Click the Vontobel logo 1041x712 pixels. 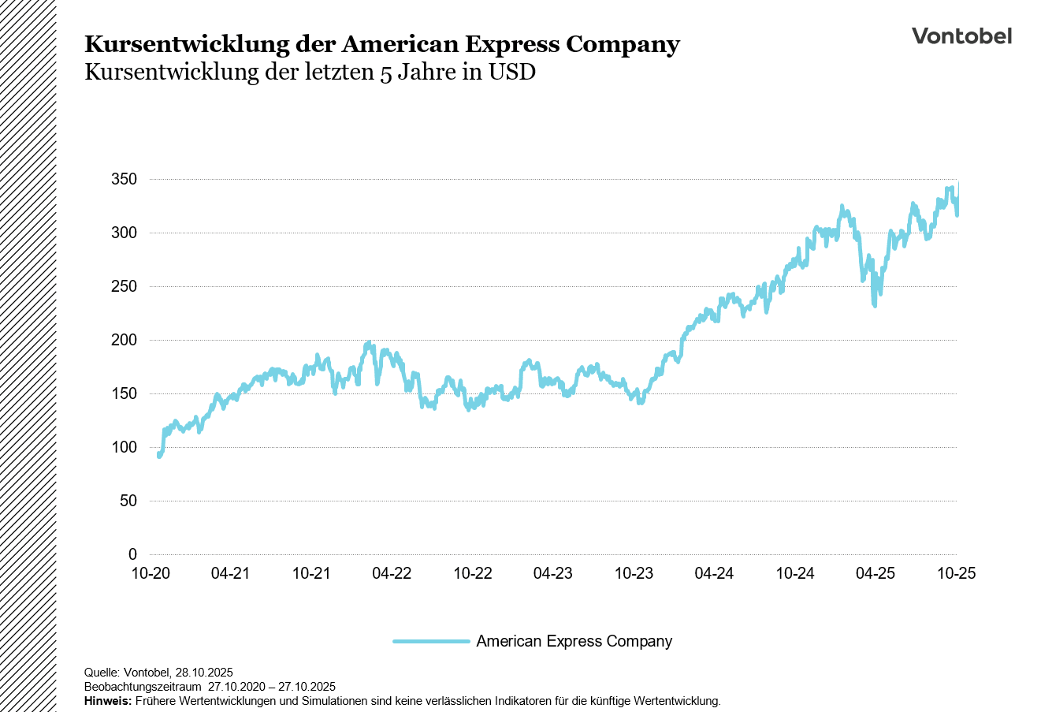coord(961,36)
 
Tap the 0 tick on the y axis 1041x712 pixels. coord(132,554)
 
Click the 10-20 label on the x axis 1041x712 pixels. coord(150,573)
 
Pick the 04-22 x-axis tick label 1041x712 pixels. coord(392,573)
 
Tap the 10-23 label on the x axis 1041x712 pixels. coord(634,573)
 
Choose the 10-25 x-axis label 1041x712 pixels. coord(956,573)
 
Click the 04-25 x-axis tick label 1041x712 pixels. coord(876,573)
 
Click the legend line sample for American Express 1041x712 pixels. coord(431,642)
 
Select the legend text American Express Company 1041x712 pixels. coord(574,642)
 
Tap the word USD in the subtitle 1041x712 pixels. coord(511,73)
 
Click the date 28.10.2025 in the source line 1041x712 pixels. coord(203,673)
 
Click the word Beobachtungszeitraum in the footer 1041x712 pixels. coord(142,687)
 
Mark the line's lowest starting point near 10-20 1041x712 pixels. coord(159,456)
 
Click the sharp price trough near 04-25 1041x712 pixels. coord(875,305)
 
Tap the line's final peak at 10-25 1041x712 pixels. coord(957,184)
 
